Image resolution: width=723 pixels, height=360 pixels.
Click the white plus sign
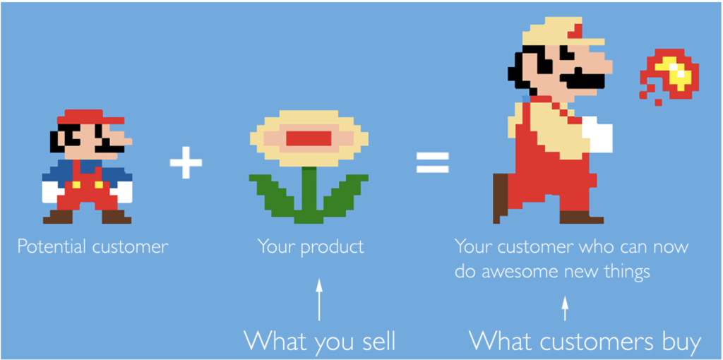[186, 162]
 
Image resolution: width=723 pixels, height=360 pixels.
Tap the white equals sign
[433, 162]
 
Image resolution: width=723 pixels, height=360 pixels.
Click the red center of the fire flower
[309, 138]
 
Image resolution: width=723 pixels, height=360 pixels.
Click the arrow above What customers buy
[565, 308]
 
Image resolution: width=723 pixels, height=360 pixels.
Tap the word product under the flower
[332, 248]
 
